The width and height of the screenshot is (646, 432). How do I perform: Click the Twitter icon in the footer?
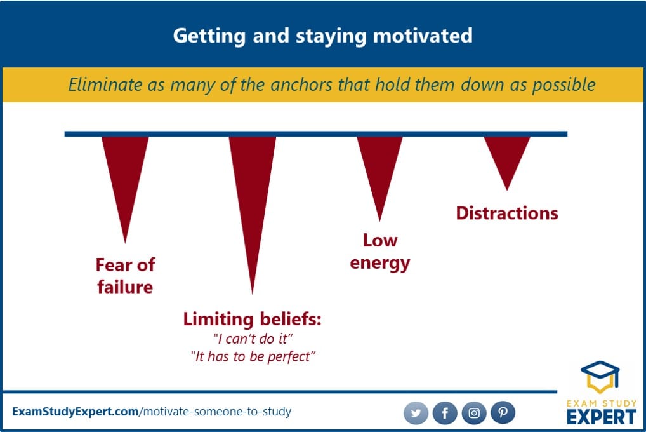(x=416, y=412)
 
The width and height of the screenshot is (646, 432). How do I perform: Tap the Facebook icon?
(x=445, y=412)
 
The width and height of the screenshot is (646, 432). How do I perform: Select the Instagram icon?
(x=474, y=412)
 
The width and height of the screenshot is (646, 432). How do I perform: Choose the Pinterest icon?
(x=503, y=412)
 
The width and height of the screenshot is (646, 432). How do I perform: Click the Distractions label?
(x=507, y=213)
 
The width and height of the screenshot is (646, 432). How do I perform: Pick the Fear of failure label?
(x=125, y=276)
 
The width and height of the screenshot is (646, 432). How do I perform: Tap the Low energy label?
(x=380, y=252)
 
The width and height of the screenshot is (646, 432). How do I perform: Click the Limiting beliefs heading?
(x=252, y=319)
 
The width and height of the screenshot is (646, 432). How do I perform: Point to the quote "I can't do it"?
(x=253, y=339)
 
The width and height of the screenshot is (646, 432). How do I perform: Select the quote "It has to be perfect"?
(x=253, y=356)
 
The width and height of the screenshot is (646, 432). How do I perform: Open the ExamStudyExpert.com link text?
(x=76, y=412)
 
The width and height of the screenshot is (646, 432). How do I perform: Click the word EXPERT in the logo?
(x=602, y=417)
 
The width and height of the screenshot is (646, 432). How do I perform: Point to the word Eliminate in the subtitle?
(x=105, y=85)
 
